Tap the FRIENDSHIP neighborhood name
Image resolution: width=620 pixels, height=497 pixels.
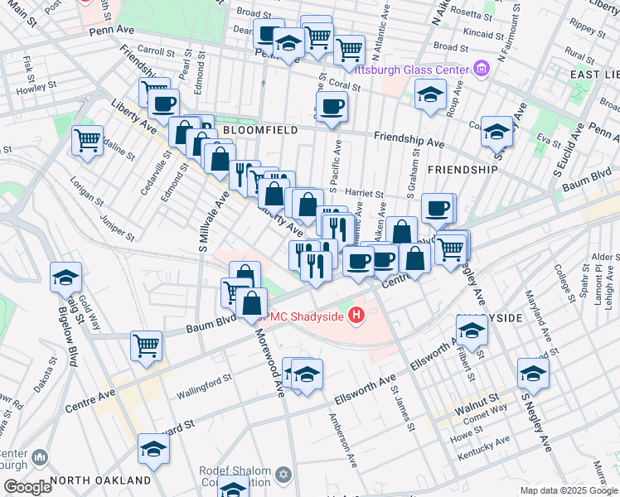click(463, 169)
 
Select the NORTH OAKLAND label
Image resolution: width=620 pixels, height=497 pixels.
click(100, 480)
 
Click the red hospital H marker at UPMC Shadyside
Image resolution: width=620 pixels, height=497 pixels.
click(357, 315)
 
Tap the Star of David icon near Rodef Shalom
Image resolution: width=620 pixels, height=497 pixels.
click(284, 475)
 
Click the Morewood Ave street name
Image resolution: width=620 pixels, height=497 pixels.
click(271, 361)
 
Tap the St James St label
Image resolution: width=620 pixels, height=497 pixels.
click(401, 406)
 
